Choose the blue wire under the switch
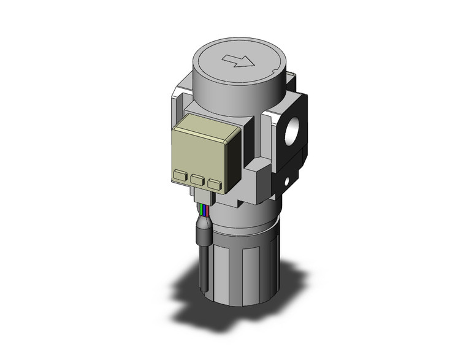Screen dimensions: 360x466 tap(203, 213)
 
